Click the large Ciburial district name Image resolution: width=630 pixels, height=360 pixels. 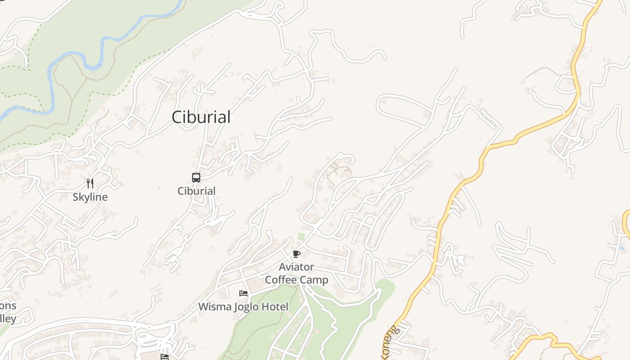point(201,117)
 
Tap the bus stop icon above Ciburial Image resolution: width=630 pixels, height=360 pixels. point(196,178)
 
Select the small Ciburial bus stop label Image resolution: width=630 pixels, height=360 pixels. point(196,191)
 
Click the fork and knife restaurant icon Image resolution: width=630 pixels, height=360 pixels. point(90,183)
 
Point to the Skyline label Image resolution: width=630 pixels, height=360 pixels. point(90,197)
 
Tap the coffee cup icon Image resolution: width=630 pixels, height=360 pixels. point(296,254)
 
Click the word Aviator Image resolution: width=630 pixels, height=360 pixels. point(297,267)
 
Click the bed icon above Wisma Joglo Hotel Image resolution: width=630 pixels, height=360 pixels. point(243,293)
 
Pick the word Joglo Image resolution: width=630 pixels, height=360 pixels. point(246,307)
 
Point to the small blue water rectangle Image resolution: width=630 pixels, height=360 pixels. point(622,248)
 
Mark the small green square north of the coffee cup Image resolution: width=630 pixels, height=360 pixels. point(301,236)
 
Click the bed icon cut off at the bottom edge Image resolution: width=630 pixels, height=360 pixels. point(165,357)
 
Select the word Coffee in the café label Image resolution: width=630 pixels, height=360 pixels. point(281,280)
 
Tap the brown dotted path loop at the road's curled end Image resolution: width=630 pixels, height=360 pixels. point(340,173)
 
